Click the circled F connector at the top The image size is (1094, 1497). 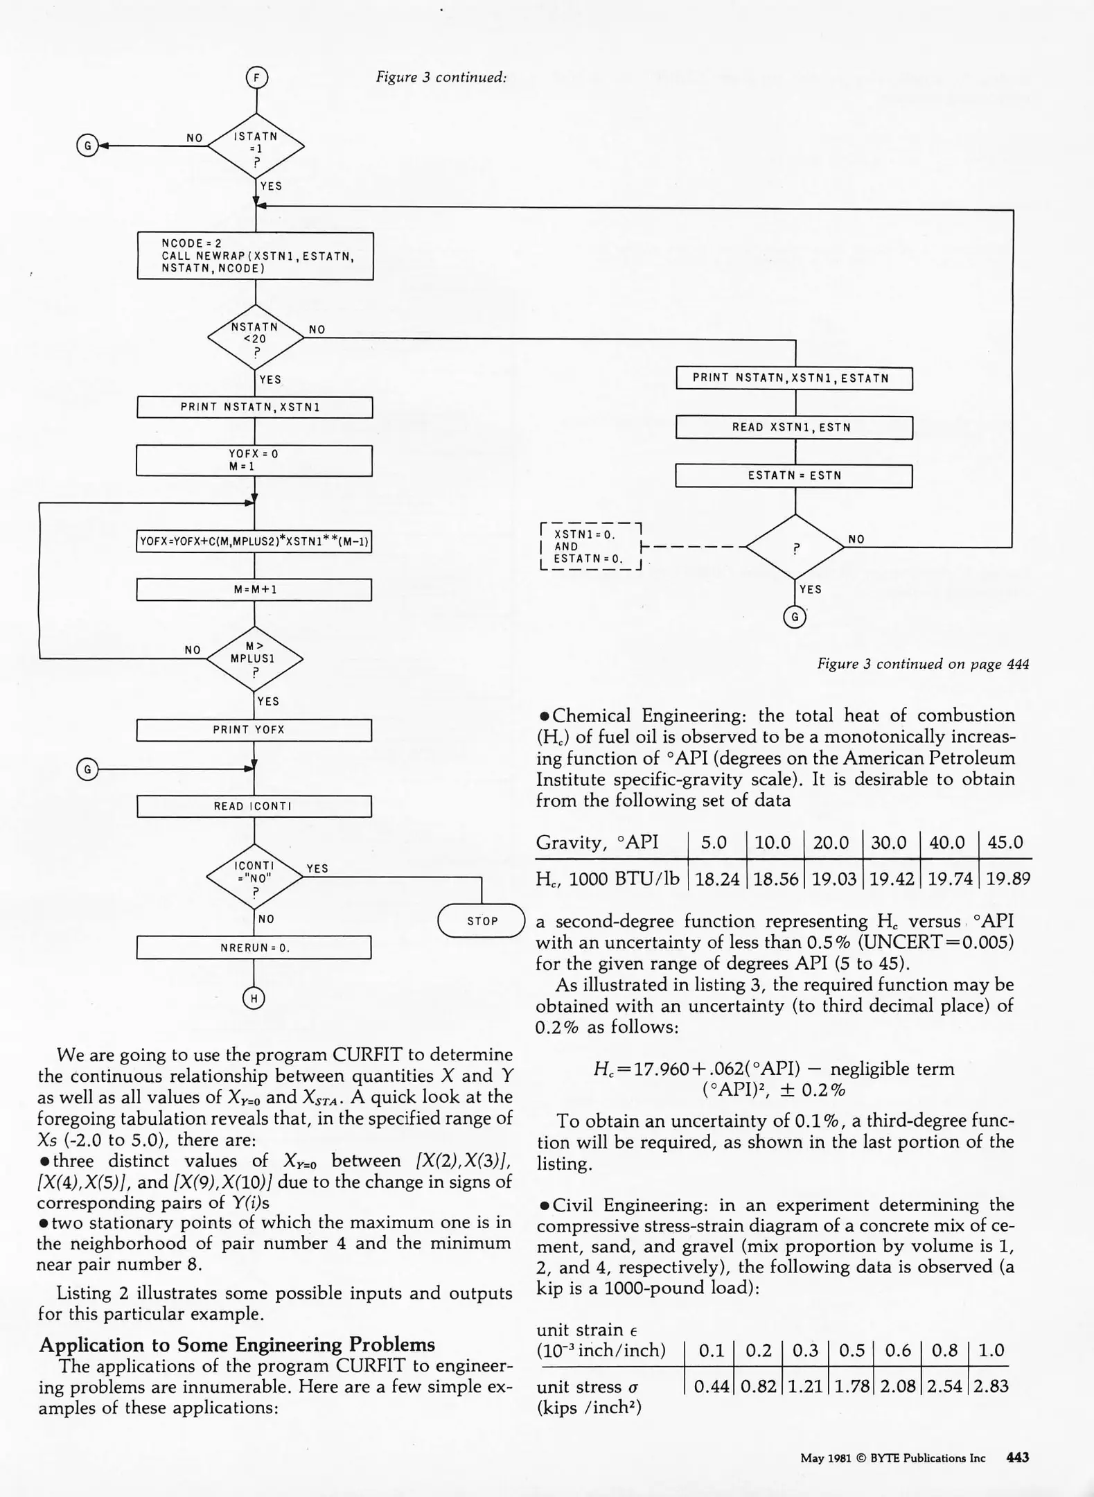point(257,78)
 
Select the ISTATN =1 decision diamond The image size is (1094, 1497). point(256,146)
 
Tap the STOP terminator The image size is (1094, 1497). point(482,920)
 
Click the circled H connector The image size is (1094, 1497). point(254,998)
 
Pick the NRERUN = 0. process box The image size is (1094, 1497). point(254,947)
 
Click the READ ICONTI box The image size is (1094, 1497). point(254,806)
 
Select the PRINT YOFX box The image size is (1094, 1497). point(254,730)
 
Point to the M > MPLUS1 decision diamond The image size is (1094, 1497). point(254,658)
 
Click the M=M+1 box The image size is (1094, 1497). point(254,590)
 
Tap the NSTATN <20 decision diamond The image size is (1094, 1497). point(256,338)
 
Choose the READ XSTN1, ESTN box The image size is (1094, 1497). point(793,428)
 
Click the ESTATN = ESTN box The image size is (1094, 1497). point(793,476)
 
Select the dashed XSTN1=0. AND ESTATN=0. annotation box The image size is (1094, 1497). point(591,546)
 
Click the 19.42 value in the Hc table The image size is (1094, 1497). point(890,879)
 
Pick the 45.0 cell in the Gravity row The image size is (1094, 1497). point(1005,843)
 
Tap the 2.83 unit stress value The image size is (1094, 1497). point(990,1386)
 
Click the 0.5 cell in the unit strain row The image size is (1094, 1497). point(852,1351)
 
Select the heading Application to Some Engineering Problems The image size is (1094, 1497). point(237,1345)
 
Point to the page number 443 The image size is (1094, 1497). point(1017,1457)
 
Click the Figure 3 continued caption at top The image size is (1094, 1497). point(441,77)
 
